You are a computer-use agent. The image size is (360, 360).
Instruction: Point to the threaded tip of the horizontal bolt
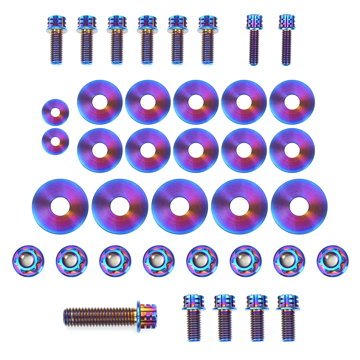tap(67, 316)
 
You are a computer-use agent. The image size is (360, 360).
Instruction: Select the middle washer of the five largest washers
tap(179, 206)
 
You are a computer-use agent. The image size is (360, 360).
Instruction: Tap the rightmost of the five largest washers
tap(299, 206)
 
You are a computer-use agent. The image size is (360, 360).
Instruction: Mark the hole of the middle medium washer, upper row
tap(195, 102)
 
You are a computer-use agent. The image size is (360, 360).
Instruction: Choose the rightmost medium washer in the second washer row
tap(292, 150)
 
